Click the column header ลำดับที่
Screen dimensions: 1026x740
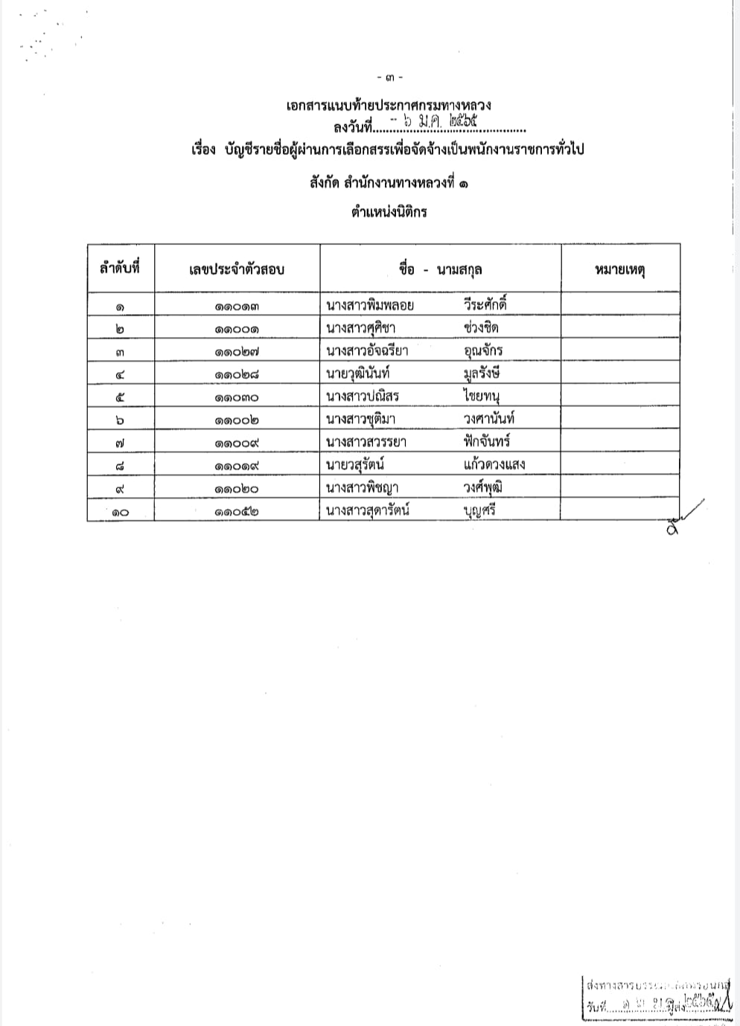tap(120, 269)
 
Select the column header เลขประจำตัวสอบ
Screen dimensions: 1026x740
tap(237, 269)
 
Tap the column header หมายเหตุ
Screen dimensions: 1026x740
tap(619, 269)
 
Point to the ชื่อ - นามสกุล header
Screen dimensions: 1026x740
tap(439, 269)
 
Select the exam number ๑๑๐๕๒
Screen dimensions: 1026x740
tap(237, 511)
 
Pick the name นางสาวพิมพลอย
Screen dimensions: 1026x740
tap(370, 305)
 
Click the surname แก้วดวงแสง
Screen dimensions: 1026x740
tap(494, 465)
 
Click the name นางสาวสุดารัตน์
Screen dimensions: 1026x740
tap(369, 510)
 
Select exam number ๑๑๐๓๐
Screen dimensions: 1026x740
tap(237, 397)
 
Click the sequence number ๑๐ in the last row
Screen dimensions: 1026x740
tap(120, 512)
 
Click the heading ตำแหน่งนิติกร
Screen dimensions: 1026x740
tap(389, 211)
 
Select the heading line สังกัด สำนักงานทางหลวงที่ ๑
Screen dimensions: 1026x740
tap(389, 183)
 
